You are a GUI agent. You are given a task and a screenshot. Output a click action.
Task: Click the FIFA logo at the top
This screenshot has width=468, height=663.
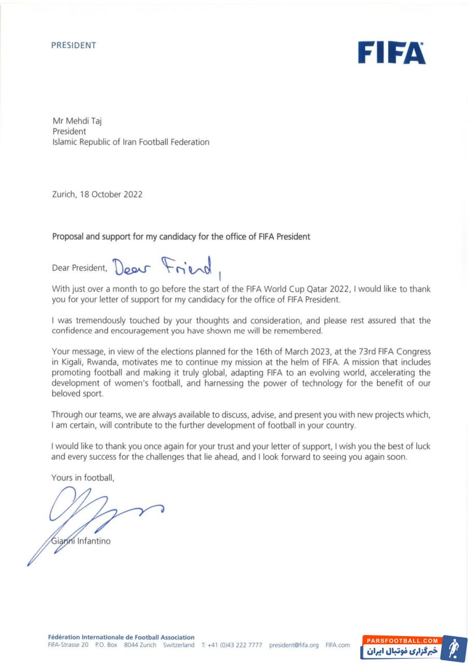391,52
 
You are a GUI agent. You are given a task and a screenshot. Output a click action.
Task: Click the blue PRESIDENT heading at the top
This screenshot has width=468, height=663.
74,45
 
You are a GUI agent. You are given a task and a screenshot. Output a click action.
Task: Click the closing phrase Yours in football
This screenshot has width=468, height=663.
83,478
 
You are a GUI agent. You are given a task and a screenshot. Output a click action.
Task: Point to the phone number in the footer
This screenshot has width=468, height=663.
235,645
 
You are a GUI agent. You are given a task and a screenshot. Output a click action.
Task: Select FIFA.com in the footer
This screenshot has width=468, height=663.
338,645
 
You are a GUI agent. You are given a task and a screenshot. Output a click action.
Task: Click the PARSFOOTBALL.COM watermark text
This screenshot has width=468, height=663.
402,641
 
